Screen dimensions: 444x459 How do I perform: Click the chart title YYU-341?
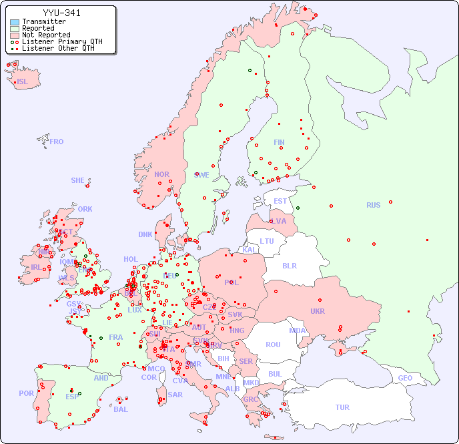61,13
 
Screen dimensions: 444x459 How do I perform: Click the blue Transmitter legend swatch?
15,21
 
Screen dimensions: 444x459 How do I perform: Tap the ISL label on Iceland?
23,82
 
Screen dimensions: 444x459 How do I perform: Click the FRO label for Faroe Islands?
57,142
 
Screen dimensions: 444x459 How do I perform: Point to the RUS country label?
373,205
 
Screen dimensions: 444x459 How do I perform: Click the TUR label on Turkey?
342,407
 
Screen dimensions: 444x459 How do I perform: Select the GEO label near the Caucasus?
405,378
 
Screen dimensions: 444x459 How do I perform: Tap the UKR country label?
318,311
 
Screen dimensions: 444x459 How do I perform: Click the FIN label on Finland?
279,142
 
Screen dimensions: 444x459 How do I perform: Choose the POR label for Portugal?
26,393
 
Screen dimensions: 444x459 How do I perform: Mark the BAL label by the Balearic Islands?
120,409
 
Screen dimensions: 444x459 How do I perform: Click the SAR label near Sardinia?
175,395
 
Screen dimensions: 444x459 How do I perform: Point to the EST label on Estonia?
280,201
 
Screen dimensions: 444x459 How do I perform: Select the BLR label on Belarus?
289,265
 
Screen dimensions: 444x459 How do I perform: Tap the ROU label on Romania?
273,345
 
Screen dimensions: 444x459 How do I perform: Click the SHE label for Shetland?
78,180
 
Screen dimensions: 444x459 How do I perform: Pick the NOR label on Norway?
161,174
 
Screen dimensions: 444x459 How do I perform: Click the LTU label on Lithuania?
267,241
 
